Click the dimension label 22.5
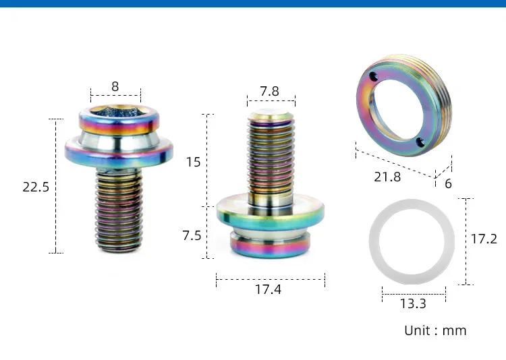[36, 187]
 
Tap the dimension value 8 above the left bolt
[115, 86]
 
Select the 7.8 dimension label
[270, 91]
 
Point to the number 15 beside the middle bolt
[193, 162]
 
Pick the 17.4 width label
[269, 290]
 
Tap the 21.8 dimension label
[387, 177]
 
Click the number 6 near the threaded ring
[448, 183]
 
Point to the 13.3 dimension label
[413, 303]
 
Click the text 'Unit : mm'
[435, 330]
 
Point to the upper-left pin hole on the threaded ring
[372, 76]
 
